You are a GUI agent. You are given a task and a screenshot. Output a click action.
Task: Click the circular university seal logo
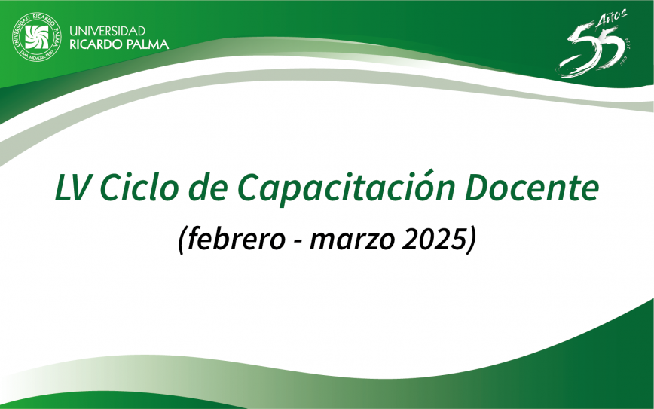(37, 37)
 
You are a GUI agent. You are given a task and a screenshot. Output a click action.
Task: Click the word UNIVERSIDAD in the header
(107, 31)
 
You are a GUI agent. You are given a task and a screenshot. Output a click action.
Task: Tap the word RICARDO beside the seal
(96, 44)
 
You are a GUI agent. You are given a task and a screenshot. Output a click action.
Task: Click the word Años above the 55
(612, 19)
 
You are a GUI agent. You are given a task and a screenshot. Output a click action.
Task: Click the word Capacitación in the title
(346, 189)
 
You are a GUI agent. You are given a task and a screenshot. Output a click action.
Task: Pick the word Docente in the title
(532, 188)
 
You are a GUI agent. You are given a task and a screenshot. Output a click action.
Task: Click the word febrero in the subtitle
(236, 239)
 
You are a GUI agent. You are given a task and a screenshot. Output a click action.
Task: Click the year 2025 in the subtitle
(433, 240)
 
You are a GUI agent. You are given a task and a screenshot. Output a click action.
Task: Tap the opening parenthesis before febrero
(182, 240)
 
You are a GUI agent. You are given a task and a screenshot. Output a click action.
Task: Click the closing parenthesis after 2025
(471, 240)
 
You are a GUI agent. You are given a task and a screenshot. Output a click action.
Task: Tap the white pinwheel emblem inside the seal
(37, 37)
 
